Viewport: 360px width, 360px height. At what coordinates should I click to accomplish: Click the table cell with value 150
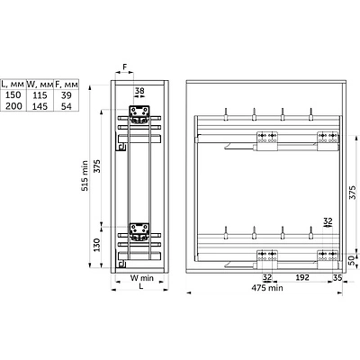(13, 95)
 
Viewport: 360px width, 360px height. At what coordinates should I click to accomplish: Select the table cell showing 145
(40, 106)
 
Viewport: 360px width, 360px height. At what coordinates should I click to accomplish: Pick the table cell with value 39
(67, 95)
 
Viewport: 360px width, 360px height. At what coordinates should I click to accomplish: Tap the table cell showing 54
(67, 106)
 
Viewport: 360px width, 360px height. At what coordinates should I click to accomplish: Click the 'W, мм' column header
(40, 84)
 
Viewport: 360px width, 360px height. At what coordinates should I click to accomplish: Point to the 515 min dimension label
(85, 175)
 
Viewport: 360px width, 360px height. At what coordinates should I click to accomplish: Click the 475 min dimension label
(267, 288)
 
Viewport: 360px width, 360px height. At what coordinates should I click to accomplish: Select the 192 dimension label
(302, 277)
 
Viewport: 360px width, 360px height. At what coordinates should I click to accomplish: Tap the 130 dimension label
(97, 245)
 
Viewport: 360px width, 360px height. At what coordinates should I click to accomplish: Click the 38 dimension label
(139, 91)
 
